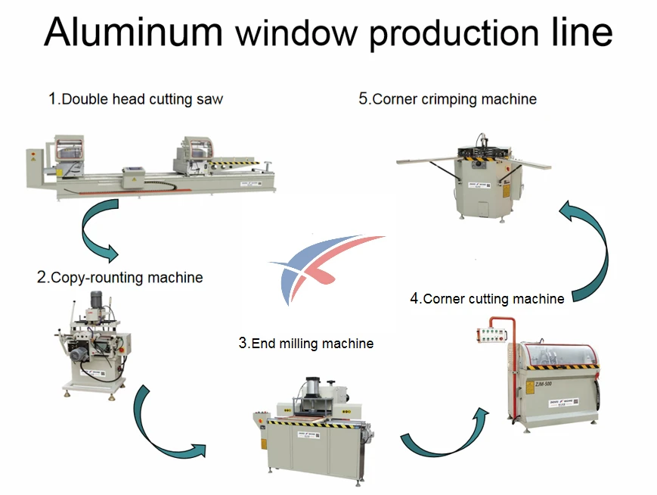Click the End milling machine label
(305, 343)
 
